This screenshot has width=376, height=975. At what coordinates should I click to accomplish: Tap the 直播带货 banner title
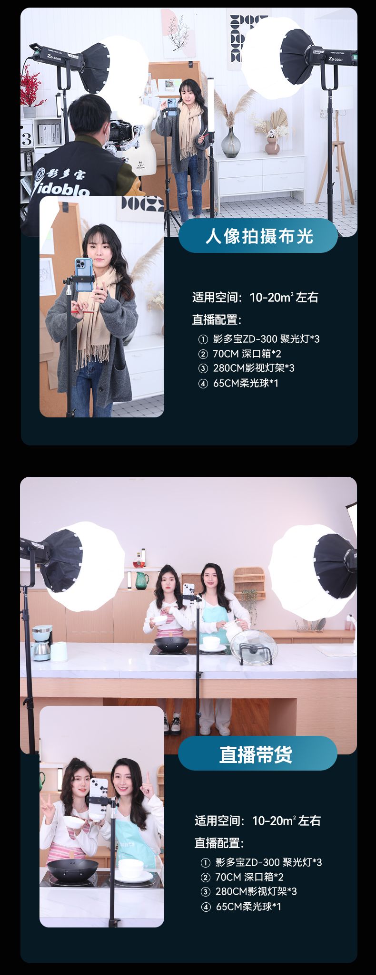click(x=256, y=754)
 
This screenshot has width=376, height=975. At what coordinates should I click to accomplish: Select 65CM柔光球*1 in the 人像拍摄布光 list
click(x=246, y=383)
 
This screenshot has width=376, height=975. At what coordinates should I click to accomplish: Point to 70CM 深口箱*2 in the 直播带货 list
click(x=249, y=877)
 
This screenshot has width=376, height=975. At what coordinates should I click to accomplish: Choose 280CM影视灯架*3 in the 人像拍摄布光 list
click(x=254, y=368)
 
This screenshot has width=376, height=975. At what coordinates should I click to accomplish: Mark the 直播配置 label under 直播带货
click(x=219, y=843)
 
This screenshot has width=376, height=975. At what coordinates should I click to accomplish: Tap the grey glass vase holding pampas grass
click(x=231, y=142)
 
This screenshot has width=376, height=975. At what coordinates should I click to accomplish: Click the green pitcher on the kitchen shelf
click(x=142, y=580)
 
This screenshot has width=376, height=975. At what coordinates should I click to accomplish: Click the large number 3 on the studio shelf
click(x=27, y=139)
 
